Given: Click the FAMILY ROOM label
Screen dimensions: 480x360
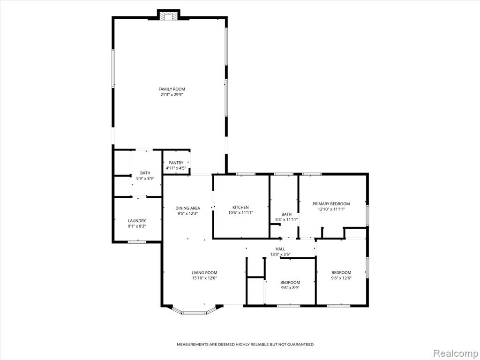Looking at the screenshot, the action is coord(172,89).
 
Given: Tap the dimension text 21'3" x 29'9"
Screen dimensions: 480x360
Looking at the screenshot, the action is coord(172,95).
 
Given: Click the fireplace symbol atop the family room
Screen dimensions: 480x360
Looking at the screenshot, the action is coord(169,17).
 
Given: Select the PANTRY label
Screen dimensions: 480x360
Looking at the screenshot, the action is coord(176,163).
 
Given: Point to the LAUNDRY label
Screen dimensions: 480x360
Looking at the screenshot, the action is coord(137,221).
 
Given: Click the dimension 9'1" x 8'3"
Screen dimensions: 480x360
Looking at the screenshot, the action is coord(137,226).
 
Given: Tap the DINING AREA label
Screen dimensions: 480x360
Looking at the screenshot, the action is coord(187,208).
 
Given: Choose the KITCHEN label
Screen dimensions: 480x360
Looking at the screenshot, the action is coord(240,207).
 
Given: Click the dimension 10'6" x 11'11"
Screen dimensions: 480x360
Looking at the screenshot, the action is coord(240,213).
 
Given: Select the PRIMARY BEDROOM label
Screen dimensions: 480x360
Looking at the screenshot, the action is coord(331,204).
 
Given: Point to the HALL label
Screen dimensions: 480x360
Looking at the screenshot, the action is coord(280,249).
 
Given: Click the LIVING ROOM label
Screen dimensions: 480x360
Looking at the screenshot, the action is coord(204,273).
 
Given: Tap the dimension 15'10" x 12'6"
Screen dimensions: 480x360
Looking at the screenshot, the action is coord(204,278).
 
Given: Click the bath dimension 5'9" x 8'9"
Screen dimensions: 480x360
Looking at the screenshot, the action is coord(145,179).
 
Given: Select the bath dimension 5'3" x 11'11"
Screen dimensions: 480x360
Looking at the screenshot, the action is coord(286,219).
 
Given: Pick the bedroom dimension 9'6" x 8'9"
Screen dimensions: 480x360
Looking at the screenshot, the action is coord(290,288).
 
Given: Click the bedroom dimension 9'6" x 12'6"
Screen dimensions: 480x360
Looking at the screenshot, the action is coord(341,278).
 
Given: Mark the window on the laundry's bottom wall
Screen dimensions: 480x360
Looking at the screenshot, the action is coord(137,242).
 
